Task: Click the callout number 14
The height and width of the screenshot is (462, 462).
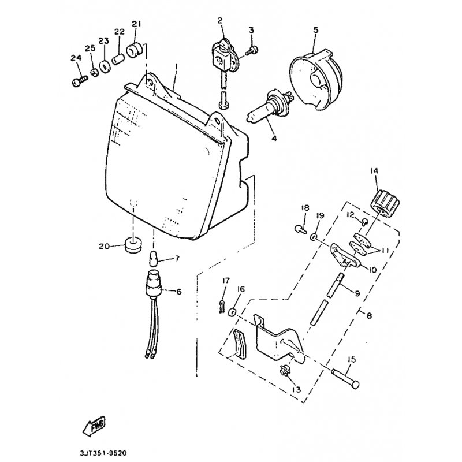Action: [x=374, y=172]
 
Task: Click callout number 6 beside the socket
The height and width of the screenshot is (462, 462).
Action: [x=178, y=292]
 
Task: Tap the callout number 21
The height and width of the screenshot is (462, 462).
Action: [x=136, y=24]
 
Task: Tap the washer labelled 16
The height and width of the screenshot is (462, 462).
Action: [x=233, y=312]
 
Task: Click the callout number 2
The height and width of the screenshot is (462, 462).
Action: [x=220, y=21]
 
